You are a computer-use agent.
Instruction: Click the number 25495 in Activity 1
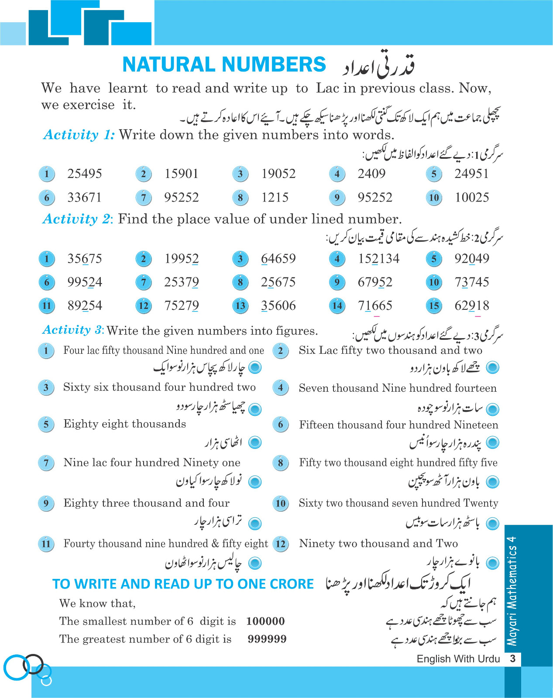(x=85, y=174)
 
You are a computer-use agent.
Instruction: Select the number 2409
(x=371, y=174)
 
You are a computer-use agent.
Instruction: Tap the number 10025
(x=472, y=198)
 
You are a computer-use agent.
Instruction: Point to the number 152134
(x=379, y=259)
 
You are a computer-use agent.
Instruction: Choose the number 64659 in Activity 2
(x=278, y=259)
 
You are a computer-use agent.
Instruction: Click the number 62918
(x=472, y=306)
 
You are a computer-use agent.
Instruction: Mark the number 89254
(x=85, y=306)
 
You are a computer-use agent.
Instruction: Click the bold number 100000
(x=265, y=621)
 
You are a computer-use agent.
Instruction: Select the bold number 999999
(x=267, y=639)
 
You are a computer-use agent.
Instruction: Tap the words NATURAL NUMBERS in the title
(x=224, y=65)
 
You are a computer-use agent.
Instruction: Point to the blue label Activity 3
(x=72, y=330)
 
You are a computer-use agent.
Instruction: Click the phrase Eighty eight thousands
(x=125, y=424)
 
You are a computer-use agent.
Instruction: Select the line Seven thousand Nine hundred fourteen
(x=398, y=388)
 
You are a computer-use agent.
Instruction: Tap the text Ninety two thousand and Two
(x=378, y=544)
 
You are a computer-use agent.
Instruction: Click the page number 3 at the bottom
(x=513, y=659)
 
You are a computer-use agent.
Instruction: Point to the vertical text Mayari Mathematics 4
(x=512, y=591)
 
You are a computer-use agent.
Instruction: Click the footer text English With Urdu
(x=458, y=659)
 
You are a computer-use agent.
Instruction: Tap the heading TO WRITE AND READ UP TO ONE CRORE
(x=183, y=584)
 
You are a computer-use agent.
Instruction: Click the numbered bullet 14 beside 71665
(x=337, y=306)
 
